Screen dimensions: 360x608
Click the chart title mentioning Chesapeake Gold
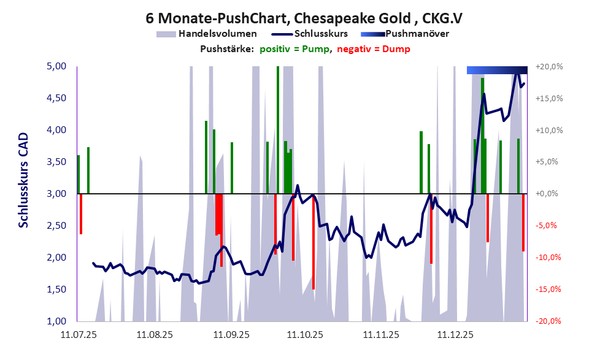click(x=304, y=18)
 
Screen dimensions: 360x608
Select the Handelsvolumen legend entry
click(x=206, y=34)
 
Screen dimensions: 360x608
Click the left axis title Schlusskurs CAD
click(x=23, y=180)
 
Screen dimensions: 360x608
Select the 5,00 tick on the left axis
click(x=59, y=66)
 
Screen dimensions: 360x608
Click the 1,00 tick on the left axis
click(x=59, y=321)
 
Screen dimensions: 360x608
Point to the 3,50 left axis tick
click(x=59, y=162)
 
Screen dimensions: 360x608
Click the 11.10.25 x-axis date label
click(x=305, y=335)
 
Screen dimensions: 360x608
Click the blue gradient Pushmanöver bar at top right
click(x=496, y=70)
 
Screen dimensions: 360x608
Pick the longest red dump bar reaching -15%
click(x=314, y=242)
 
